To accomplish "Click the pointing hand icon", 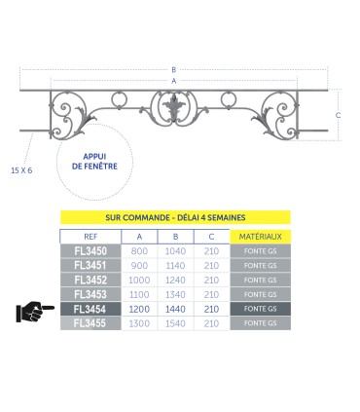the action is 35,312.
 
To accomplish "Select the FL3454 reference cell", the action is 90,309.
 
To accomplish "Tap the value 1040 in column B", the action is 175,251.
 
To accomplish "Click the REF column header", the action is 90,237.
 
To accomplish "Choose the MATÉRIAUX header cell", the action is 260,237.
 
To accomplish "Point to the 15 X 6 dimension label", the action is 21,170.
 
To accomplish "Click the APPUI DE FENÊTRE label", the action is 94,162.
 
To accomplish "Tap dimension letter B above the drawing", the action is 174,69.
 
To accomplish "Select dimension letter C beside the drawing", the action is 338,115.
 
